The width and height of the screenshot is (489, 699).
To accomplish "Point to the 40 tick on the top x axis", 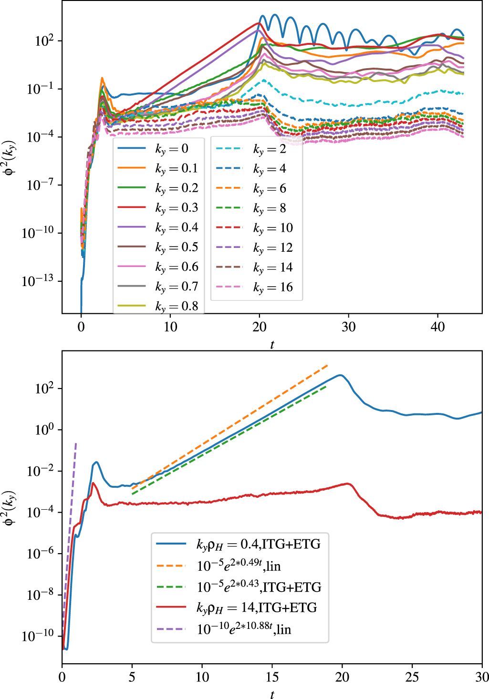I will (x=437, y=327).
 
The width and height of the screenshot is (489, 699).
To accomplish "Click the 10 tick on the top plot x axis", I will (x=170, y=327).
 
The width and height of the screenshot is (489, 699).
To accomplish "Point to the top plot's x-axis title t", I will (x=272, y=344).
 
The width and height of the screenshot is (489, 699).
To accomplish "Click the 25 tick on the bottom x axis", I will (x=412, y=677).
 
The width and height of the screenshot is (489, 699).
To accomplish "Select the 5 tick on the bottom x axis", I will (x=132, y=677).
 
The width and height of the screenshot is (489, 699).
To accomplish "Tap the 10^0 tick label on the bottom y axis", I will (x=45, y=430).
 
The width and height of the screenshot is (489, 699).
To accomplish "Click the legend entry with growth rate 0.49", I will (x=239, y=565).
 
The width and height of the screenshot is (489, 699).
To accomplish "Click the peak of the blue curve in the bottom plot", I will (x=340, y=375).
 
